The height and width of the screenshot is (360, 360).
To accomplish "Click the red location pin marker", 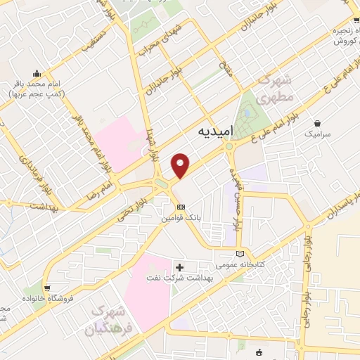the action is [181, 165].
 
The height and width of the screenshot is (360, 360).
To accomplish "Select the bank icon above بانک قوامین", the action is [181, 207].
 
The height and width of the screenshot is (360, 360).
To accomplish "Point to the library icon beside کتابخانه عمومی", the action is [241, 254].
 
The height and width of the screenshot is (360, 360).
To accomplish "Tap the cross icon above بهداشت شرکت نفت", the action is [180, 267].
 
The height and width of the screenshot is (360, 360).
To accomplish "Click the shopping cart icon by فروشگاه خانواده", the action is [47, 287].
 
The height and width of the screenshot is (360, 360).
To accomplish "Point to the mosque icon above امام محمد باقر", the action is [36, 72].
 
